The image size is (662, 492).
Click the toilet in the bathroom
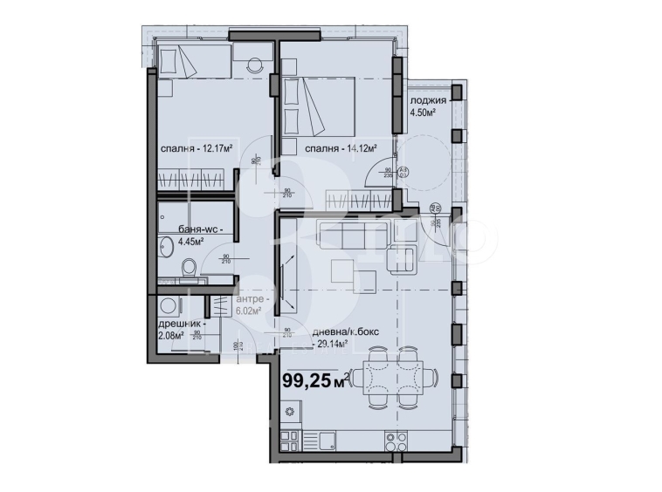pyautogui.click(x=189, y=267)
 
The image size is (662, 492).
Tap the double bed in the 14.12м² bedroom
pyautogui.click(x=319, y=104)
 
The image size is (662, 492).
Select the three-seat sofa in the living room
pyautogui.click(x=342, y=236)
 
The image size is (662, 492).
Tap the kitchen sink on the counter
pyautogui.click(x=330, y=439)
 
